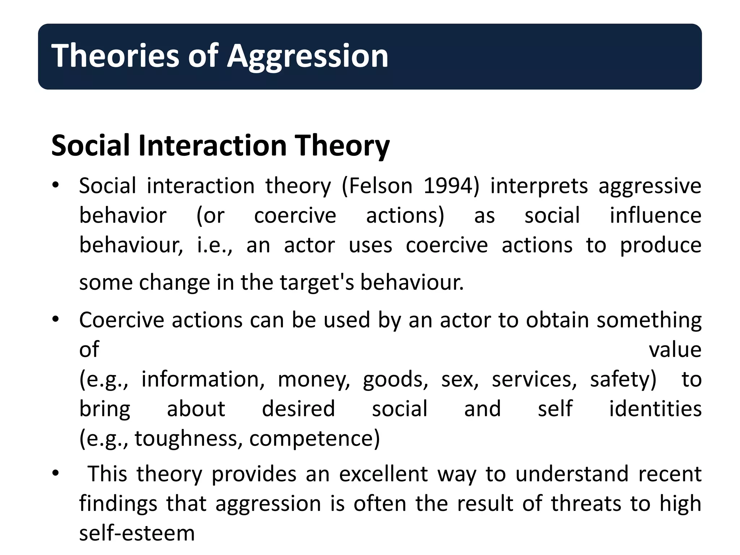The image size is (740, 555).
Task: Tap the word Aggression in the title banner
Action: coord(307,56)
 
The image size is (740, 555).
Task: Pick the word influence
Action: coord(655,216)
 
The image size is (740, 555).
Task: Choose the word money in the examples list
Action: coord(314,380)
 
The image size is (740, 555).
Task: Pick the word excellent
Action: coord(383,474)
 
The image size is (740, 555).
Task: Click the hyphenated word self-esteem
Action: coord(137,533)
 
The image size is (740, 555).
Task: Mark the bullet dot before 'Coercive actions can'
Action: coord(55,320)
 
